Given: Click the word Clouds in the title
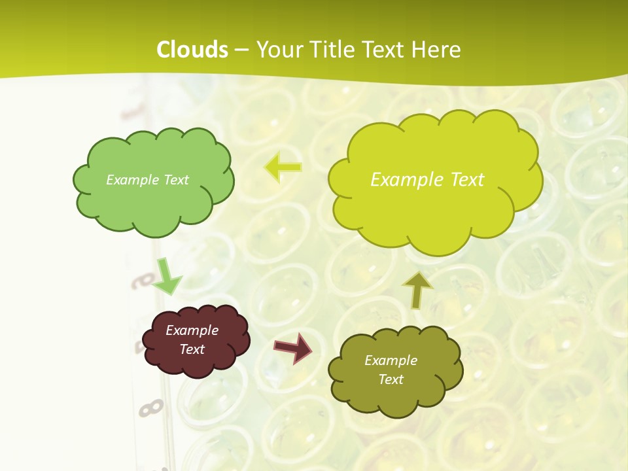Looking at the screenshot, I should (x=192, y=50).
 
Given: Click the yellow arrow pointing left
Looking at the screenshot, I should (x=283, y=167).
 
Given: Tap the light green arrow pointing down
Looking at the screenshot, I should (x=167, y=276).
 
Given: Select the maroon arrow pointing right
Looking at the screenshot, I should (x=293, y=347).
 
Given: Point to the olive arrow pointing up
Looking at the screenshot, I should (x=417, y=290).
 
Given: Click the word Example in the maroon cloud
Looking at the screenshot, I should (x=192, y=330).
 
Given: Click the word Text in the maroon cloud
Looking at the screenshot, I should (x=192, y=349).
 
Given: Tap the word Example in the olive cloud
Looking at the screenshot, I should (x=391, y=360).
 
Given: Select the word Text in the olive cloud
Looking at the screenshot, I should (x=391, y=379).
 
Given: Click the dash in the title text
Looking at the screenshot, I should (x=241, y=50).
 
